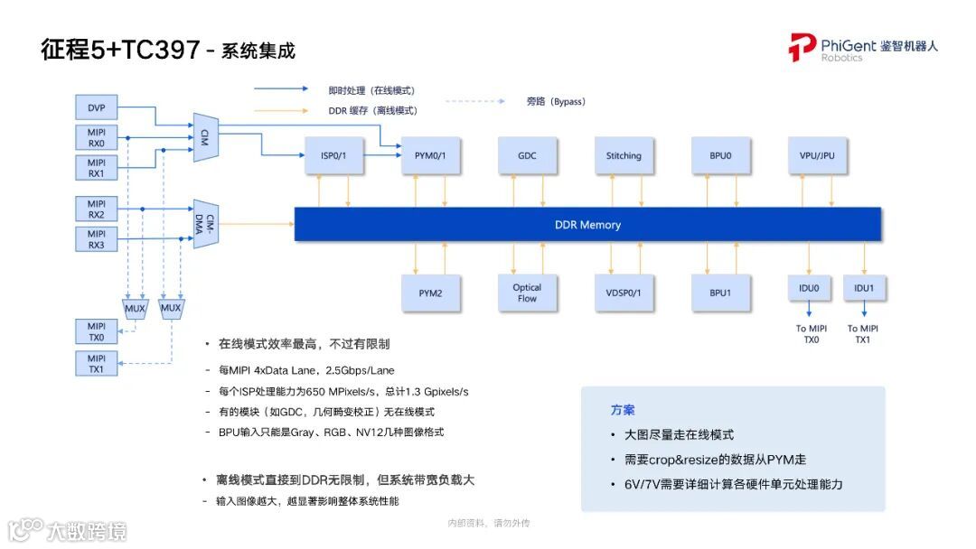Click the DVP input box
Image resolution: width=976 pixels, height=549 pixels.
[x=97, y=108]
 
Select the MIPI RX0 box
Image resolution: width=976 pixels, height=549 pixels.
[x=97, y=137]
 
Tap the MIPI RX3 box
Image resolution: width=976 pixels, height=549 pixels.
[x=97, y=239]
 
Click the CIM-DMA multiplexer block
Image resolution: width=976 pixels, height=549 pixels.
[x=207, y=224]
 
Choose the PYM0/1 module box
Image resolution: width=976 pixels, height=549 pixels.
[x=430, y=156]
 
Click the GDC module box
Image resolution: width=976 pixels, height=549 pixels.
[x=527, y=156]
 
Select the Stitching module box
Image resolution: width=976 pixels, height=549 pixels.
[x=624, y=156]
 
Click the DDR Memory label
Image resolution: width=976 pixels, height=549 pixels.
[x=587, y=225]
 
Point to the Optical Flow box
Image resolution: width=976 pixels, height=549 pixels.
[x=527, y=293]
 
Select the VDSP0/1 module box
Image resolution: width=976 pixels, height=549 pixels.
[x=624, y=293]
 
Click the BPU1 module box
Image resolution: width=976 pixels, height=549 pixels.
[x=720, y=293]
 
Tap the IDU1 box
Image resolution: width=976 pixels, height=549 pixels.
[x=864, y=289]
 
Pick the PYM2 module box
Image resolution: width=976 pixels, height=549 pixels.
[x=430, y=293]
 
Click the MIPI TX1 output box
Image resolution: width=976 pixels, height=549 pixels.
[x=97, y=364]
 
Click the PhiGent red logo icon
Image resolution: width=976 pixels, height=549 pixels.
[x=802, y=47]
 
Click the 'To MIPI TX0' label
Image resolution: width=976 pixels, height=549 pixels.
[x=812, y=334]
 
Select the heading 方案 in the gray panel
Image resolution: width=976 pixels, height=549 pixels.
[x=623, y=410]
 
